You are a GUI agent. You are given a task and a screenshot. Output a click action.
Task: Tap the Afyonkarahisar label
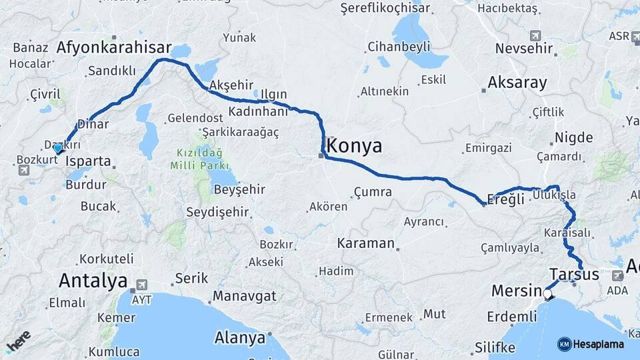tap(114, 48)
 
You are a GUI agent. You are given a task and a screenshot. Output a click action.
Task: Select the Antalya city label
tap(93, 280)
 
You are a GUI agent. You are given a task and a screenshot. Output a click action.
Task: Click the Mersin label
tap(516, 291)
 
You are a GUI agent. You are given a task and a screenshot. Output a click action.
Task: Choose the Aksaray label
tap(517, 83)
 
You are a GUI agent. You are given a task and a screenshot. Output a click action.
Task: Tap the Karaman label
tap(366, 243)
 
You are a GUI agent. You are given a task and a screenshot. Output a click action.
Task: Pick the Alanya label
tap(239, 338)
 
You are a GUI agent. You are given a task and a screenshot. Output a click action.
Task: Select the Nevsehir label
tap(525, 48)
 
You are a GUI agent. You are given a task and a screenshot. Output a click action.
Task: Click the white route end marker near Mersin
tap(548, 294)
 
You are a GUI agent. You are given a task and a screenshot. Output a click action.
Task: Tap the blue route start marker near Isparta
tap(58, 148)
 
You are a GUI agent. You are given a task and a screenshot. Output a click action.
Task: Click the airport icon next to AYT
tap(141, 285)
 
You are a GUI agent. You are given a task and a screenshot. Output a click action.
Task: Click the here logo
tap(18, 340)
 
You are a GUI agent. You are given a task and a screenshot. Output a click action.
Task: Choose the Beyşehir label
tap(239, 189)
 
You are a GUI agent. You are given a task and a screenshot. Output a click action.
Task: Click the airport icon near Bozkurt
tap(24, 170)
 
